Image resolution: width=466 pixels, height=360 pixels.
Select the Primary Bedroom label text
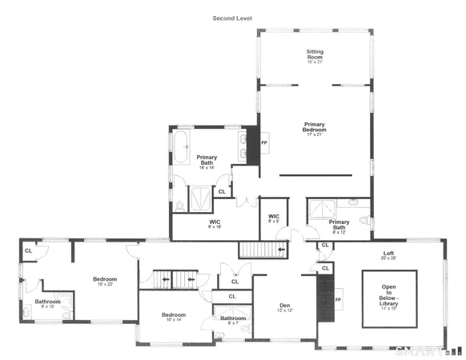pyautogui.click(x=315, y=126)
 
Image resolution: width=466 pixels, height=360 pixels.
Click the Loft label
pyautogui.click(x=389, y=255)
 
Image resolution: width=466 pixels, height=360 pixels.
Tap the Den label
pyautogui.click(x=284, y=306)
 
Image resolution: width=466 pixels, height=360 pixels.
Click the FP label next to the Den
pyautogui.click(x=338, y=301)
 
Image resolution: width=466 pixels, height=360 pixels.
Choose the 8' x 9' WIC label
pyautogui.click(x=273, y=218)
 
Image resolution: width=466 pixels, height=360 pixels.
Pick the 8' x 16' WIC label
pyautogui.click(x=215, y=224)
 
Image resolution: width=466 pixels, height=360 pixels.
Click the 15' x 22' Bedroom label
pyautogui.click(x=105, y=281)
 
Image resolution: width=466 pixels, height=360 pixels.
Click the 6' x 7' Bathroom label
pyautogui.click(x=234, y=322)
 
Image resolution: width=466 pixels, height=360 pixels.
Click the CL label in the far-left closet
pyautogui.click(x=28, y=250)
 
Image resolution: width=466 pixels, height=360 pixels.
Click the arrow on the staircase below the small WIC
pyautogui.click(x=280, y=250)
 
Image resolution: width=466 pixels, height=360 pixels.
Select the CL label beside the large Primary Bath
pyautogui.click(x=221, y=191)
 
